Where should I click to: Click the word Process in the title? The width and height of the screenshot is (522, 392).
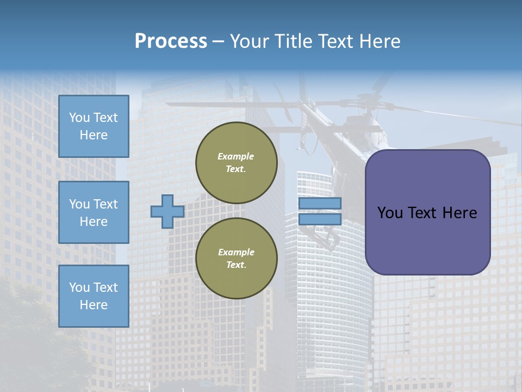point(171,41)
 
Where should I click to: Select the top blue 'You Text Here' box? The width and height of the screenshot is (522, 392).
point(94,126)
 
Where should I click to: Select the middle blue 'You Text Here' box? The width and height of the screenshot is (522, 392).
point(94,212)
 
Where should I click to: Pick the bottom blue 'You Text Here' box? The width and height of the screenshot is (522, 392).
point(94,296)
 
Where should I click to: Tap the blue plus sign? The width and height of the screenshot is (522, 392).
point(167,212)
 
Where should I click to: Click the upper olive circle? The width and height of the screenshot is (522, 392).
point(236,163)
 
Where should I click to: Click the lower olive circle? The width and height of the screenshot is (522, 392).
point(236,259)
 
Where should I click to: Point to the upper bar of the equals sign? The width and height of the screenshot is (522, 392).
point(320,203)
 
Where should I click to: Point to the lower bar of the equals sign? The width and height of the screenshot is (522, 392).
point(320,219)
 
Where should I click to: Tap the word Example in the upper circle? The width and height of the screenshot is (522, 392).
point(236,156)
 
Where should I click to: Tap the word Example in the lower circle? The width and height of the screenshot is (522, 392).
point(236,252)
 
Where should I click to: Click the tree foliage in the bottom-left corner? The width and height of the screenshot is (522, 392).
point(27,338)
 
